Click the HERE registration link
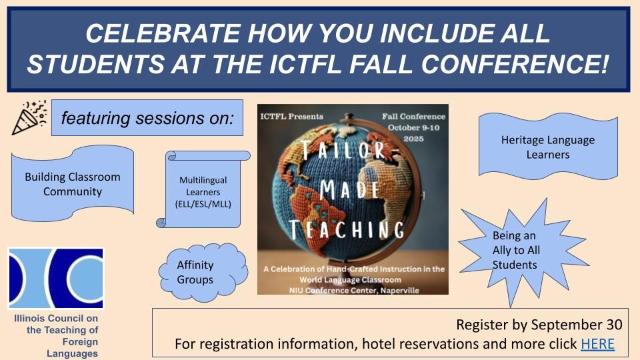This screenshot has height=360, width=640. [x=597, y=345]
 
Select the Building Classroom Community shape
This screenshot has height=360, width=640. [x=73, y=184]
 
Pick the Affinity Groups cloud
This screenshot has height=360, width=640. [x=196, y=272]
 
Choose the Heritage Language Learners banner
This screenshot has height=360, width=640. [x=547, y=147]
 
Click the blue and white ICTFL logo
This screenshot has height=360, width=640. [x=56, y=278]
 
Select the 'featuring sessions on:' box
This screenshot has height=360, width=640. [x=147, y=118]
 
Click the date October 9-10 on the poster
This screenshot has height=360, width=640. [x=413, y=127]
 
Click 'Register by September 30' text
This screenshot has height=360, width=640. [x=539, y=325]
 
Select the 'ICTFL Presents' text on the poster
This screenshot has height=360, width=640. [x=292, y=116]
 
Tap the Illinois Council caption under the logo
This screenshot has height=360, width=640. [x=56, y=335]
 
